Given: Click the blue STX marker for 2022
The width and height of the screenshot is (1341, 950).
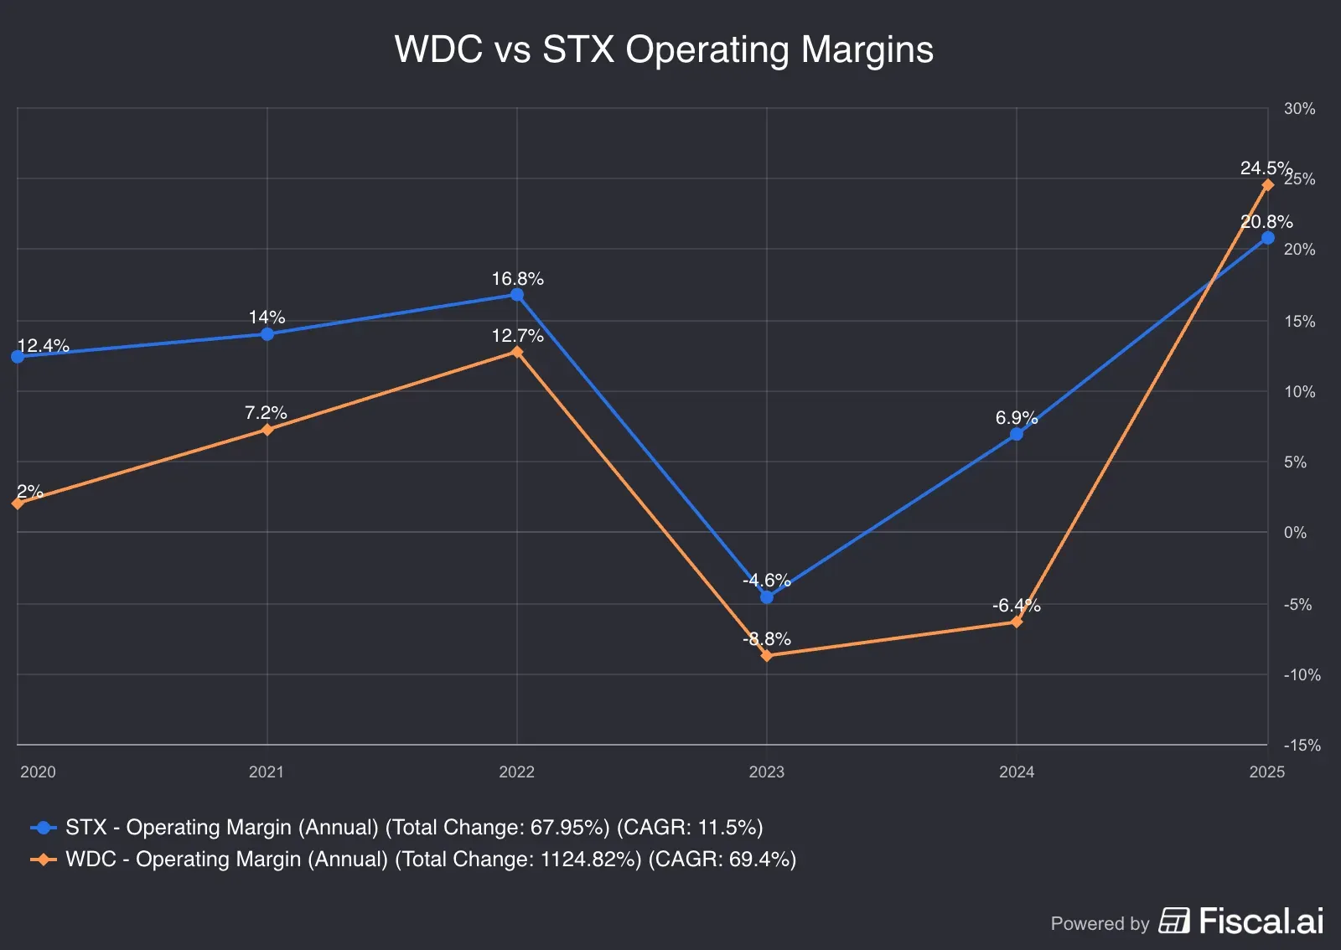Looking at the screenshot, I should [517, 295].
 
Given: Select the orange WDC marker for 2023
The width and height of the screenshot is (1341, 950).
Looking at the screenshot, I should [767, 656].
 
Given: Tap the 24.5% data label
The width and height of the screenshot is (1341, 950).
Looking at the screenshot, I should [1266, 168].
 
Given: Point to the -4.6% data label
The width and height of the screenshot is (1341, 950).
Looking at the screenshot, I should [767, 581].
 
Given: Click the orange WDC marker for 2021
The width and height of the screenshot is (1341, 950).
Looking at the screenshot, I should [267, 430].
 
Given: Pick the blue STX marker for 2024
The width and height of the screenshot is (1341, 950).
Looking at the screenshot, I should [1017, 434].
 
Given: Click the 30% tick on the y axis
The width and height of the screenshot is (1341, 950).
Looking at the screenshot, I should [1299, 109].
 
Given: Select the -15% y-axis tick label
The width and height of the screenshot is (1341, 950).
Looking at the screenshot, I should [1302, 745].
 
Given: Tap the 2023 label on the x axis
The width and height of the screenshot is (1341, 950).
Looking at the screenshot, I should [766, 772].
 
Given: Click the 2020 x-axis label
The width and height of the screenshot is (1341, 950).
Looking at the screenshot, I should [38, 772].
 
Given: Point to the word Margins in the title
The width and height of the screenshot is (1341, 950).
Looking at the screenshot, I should [867, 49].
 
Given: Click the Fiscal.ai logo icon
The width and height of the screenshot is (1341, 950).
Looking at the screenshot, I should [1174, 921].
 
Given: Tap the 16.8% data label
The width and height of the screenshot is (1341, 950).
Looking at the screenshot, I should [517, 279].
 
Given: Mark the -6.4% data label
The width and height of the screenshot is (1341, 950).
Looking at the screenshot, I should [1016, 606].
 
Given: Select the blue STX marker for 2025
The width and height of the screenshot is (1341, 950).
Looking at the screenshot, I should [1267, 239].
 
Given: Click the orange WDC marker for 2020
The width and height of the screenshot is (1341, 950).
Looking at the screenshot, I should [18, 503].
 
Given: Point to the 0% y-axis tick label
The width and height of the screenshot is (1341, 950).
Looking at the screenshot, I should [1295, 533].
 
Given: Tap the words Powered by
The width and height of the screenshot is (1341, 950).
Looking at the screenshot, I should [1100, 924].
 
